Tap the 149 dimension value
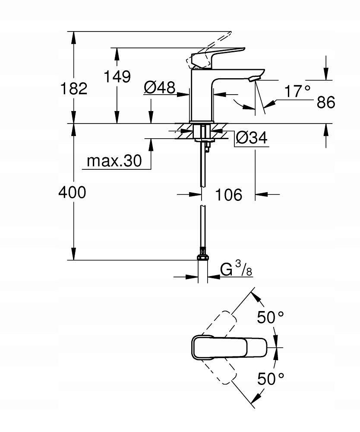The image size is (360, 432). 117,76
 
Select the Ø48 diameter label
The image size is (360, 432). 159,88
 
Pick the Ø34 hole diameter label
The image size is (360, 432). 252,139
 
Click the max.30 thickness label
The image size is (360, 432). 114,161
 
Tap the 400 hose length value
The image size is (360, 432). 72,193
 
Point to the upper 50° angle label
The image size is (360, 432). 271,318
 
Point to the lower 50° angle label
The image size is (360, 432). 271,379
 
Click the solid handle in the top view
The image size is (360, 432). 229,347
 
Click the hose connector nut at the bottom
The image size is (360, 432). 202,257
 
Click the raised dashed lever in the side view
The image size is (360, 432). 212,48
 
